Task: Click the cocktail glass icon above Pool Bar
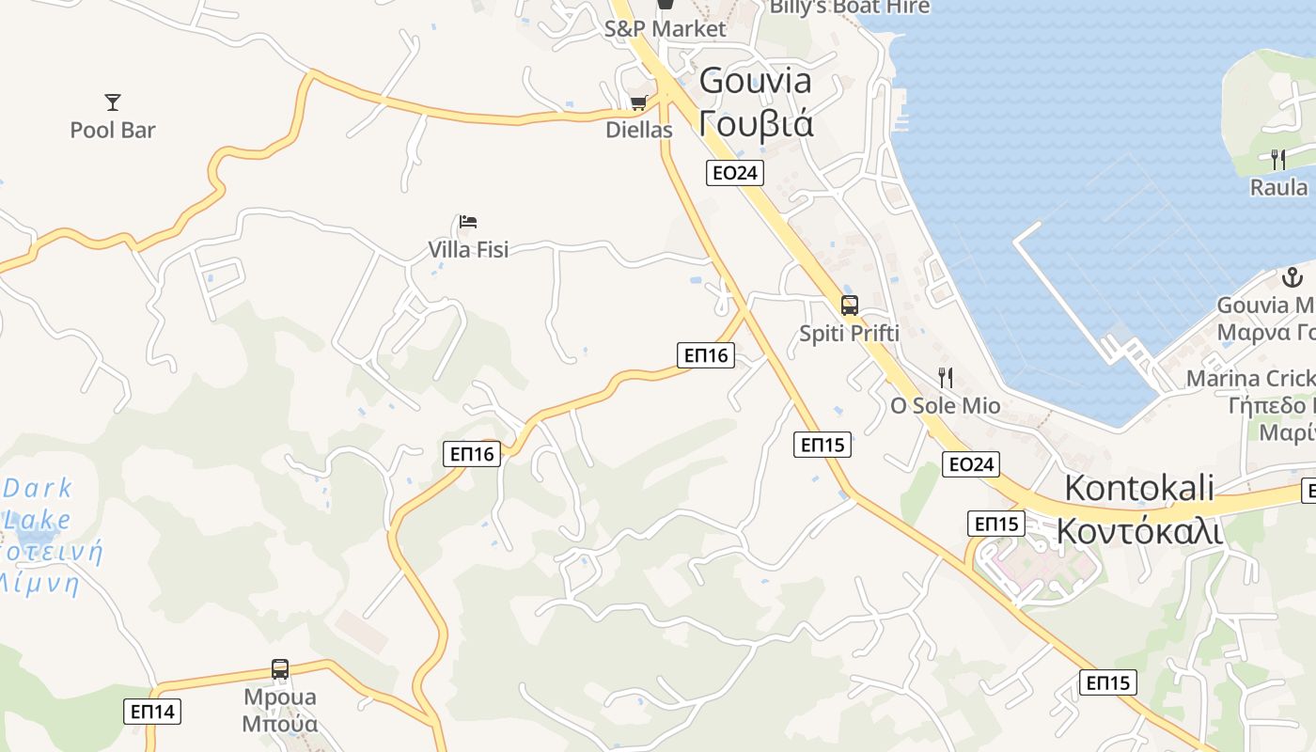click(x=113, y=102)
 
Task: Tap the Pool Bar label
click(x=113, y=130)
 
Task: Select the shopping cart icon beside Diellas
click(x=639, y=102)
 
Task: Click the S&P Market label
click(x=666, y=28)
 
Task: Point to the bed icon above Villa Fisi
click(x=468, y=222)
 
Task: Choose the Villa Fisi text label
click(x=468, y=249)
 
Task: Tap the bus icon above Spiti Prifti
click(x=850, y=305)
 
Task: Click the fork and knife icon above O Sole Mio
click(x=946, y=378)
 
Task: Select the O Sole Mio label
click(x=946, y=406)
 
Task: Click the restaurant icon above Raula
click(x=1278, y=159)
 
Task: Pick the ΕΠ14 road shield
click(x=152, y=711)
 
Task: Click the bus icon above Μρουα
click(x=280, y=669)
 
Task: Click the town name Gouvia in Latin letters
click(x=756, y=81)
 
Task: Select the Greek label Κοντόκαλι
click(x=1139, y=531)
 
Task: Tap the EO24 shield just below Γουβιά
click(x=735, y=172)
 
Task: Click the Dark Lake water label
click(x=38, y=503)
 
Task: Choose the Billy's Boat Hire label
click(x=850, y=8)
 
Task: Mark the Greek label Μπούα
click(x=280, y=724)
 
